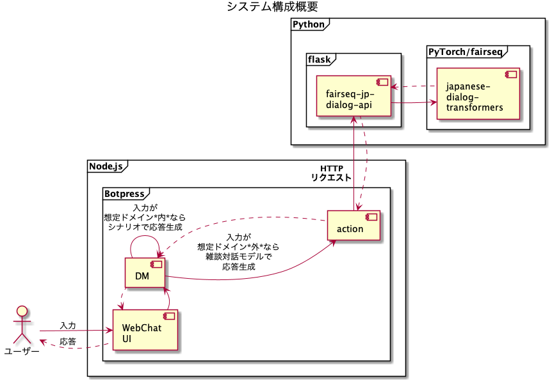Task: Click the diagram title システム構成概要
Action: coord(272,7)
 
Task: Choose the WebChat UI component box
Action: coord(145,330)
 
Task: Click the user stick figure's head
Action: coord(22,312)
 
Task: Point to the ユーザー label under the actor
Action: coord(22,351)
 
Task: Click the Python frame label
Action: coord(308,24)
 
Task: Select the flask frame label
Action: coord(319,59)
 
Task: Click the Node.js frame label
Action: coord(106,166)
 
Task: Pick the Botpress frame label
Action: coord(124,192)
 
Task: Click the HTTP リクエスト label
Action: coord(331,173)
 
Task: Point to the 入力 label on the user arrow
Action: coord(68,325)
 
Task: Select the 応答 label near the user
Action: coord(68,341)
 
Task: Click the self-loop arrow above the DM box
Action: coord(145,237)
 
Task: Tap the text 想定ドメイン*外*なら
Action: coord(238,247)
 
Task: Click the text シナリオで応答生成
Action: coord(145,226)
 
